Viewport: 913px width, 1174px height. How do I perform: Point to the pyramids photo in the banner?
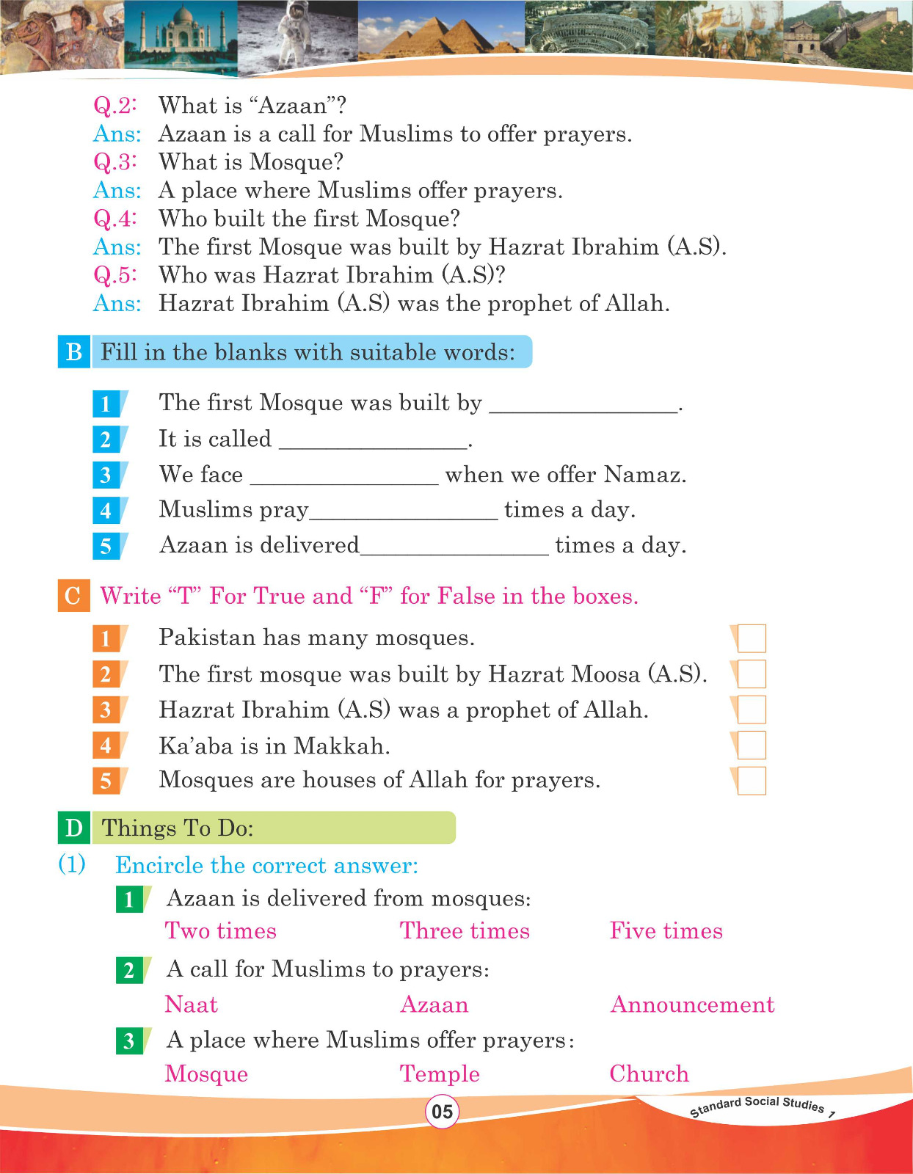tap(440, 33)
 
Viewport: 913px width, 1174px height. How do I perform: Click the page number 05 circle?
tap(442, 1111)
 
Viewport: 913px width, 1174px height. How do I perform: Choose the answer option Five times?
tap(666, 931)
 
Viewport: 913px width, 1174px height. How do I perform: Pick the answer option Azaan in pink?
tap(434, 1005)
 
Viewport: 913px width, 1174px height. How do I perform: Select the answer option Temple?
tap(440, 1073)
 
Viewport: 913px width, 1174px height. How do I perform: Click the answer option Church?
tap(649, 1073)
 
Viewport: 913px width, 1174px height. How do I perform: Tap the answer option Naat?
tap(191, 1005)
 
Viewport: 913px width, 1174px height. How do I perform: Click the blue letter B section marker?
tap(74, 352)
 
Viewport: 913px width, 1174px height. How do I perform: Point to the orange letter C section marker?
tap(73, 595)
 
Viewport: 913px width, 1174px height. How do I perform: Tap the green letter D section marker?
tap(74, 828)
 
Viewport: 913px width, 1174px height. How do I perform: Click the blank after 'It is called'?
tap(373, 440)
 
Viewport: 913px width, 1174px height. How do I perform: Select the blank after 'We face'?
tap(343, 476)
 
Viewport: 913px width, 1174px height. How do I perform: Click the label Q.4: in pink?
tap(115, 219)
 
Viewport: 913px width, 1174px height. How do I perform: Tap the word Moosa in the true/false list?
tap(606, 674)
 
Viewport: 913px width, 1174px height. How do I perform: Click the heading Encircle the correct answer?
tap(266, 866)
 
